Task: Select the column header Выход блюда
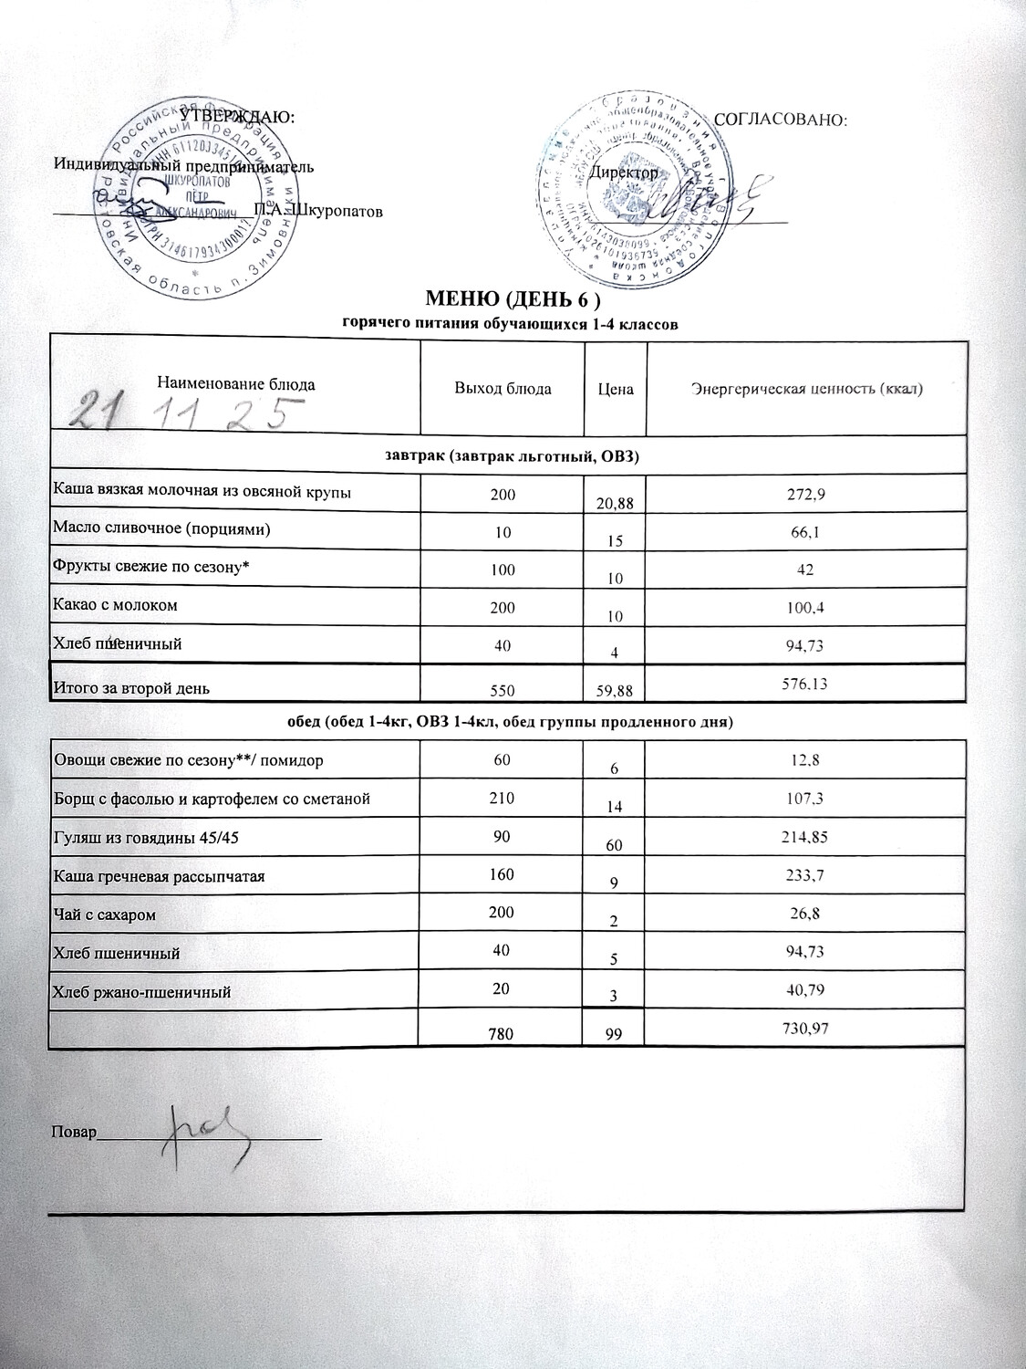pyautogui.click(x=503, y=389)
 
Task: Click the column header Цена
pyautogui.click(x=616, y=389)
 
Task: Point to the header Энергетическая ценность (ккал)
pyautogui.click(x=807, y=390)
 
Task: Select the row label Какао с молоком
pyautogui.click(x=116, y=605)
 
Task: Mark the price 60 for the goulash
pyautogui.click(x=616, y=846)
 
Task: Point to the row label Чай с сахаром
pyautogui.click(x=98, y=914)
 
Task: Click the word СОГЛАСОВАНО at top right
pyautogui.click(x=782, y=120)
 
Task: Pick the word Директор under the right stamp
pyautogui.click(x=624, y=172)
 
